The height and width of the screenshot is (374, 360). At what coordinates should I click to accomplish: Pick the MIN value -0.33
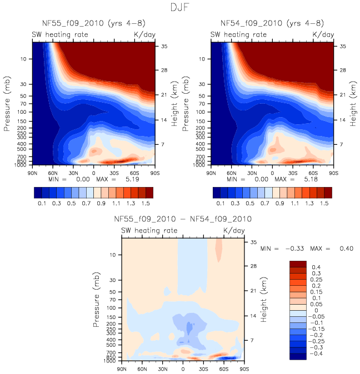294,249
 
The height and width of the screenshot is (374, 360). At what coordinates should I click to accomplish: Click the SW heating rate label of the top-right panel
239,34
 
